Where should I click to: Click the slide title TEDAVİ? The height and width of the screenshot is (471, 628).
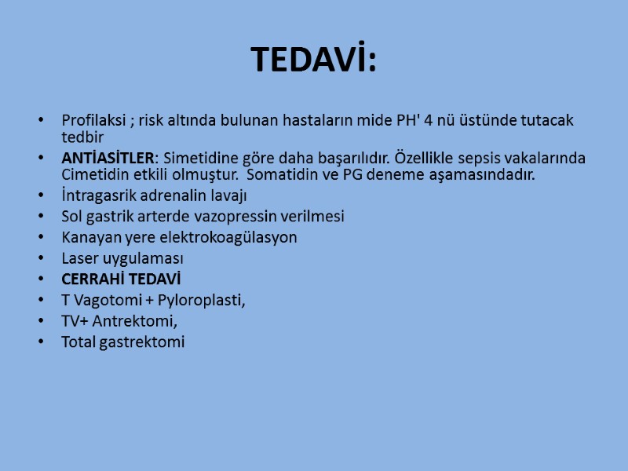(314, 60)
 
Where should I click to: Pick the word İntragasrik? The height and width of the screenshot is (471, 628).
(97, 195)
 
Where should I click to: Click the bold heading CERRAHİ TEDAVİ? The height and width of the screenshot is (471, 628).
(121, 279)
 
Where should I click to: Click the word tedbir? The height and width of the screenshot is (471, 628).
(82, 137)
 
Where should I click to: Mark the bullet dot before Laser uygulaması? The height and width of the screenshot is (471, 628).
(41, 258)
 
